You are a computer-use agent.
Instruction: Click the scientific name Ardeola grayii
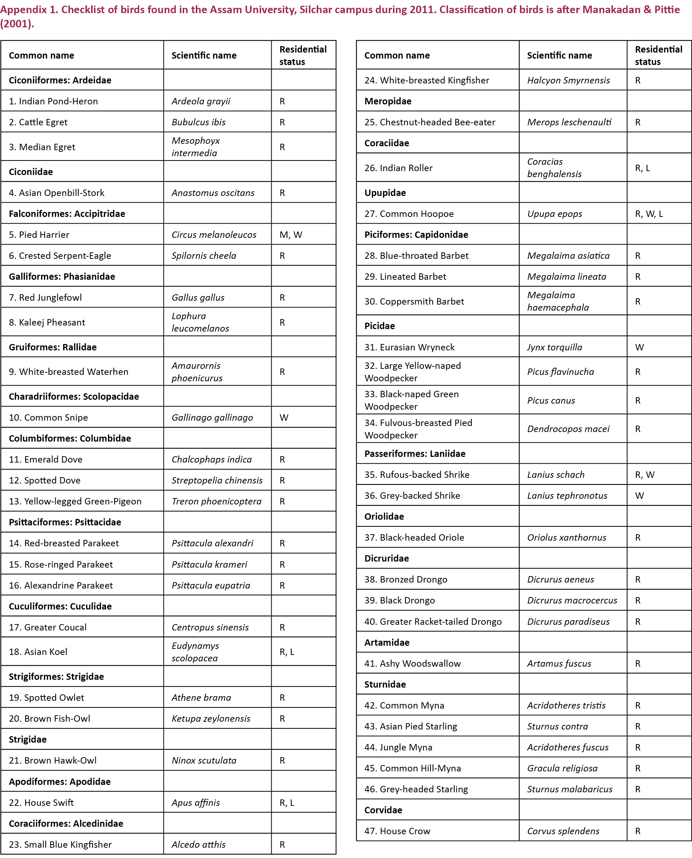(201, 101)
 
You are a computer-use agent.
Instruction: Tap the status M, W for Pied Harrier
(290, 235)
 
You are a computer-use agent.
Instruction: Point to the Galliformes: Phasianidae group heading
(62, 277)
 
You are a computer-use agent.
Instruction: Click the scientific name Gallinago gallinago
(212, 417)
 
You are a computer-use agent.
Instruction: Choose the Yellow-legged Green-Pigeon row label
(75, 501)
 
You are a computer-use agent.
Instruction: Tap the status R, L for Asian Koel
(287, 651)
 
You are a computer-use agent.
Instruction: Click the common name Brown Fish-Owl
(49, 718)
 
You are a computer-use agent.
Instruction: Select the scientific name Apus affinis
(196, 803)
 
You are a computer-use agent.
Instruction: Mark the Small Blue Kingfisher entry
(60, 845)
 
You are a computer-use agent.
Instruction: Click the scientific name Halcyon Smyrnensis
(569, 80)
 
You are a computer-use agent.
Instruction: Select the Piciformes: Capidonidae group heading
(416, 235)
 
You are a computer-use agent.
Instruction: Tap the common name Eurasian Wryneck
(409, 347)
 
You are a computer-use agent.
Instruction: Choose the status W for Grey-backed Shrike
(640, 496)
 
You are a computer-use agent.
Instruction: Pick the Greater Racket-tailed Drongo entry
(433, 622)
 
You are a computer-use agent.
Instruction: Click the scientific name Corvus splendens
(563, 831)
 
